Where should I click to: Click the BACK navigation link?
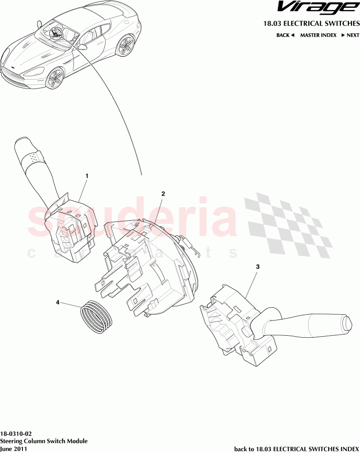pyautogui.click(x=285, y=35)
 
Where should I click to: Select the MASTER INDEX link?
pyautogui.click(x=318, y=35)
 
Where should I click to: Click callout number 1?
pyautogui.click(x=87, y=175)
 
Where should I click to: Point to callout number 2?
pyautogui.click(x=163, y=194)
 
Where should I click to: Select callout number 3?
pyautogui.click(x=257, y=267)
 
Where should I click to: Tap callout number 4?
pyautogui.click(x=58, y=302)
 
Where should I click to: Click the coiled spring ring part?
pyautogui.click(x=96, y=317)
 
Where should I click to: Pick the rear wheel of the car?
pyautogui.click(x=126, y=45)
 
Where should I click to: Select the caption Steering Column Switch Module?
pyautogui.click(x=44, y=441)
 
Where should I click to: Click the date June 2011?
pyautogui.click(x=14, y=448)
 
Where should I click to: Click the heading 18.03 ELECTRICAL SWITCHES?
pyautogui.click(x=311, y=23)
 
